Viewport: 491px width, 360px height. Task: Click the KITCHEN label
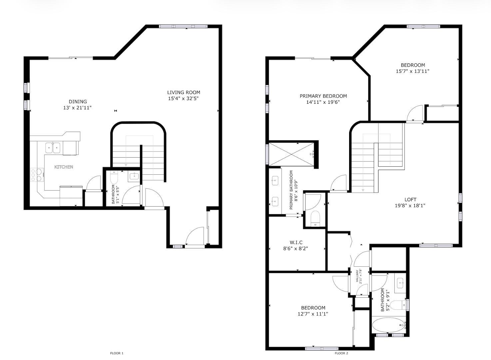point(64,167)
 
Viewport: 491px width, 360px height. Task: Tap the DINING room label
point(78,102)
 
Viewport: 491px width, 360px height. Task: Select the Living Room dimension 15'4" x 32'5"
point(183,99)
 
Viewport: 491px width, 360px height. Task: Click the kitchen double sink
point(53,148)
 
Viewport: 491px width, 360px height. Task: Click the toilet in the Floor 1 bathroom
point(114,178)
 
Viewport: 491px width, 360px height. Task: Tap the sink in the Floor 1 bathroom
point(134,176)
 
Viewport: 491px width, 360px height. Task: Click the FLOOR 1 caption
point(117,353)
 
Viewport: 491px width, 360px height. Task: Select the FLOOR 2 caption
point(341,353)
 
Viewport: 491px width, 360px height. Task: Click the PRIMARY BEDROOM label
point(323,96)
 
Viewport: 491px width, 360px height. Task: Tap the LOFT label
point(411,200)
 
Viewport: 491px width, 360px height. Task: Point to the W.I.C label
point(296,242)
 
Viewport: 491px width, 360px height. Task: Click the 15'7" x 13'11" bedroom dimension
point(412,71)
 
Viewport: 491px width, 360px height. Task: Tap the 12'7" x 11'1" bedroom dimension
point(313,314)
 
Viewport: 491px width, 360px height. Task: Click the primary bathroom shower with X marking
point(291,154)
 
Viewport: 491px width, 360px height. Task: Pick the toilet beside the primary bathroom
point(315,219)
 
